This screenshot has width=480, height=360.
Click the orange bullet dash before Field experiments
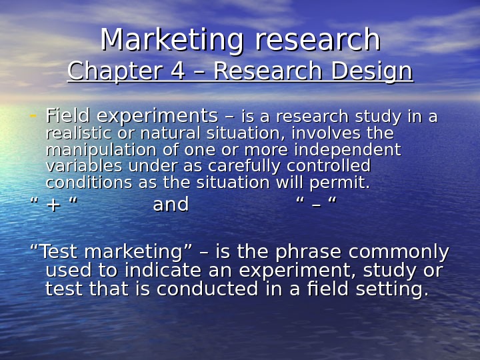pos(33,115)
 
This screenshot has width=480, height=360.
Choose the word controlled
pos(331,165)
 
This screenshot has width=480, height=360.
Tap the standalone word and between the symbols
pos(171,205)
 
